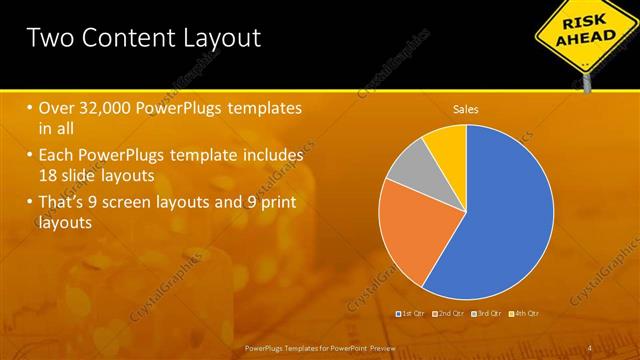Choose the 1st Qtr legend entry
(x=411, y=313)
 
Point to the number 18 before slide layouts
(x=49, y=175)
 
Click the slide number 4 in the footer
(x=590, y=347)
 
